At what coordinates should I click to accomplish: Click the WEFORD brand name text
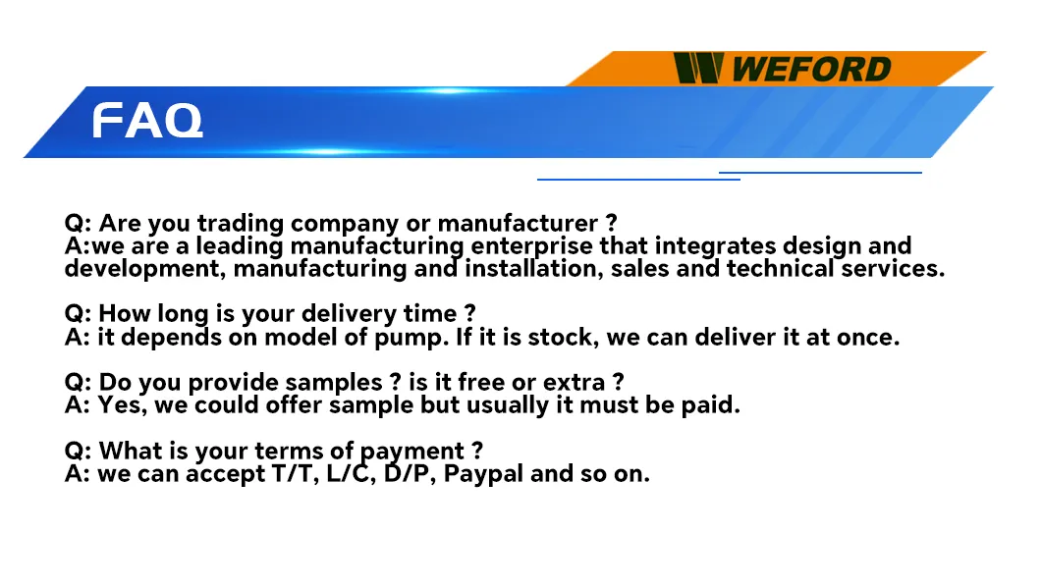[x=811, y=70]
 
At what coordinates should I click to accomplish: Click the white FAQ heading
[x=147, y=121]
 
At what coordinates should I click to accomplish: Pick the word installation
[x=528, y=268]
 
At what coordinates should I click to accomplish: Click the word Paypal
[x=482, y=473]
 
